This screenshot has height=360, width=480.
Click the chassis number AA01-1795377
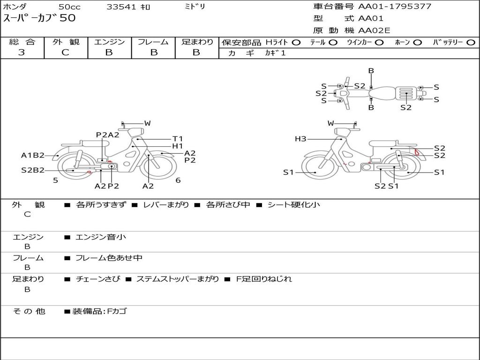(x=395, y=7)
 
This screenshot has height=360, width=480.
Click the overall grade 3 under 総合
(x=22, y=52)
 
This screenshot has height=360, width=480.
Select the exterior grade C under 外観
(x=65, y=52)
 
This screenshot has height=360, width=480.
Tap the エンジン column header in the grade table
(x=109, y=42)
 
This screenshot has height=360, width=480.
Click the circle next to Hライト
(x=296, y=43)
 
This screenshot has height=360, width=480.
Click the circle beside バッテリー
(x=471, y=43)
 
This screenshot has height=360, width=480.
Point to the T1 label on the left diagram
(x=178, y=139)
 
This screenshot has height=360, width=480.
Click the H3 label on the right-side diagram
(x=300, y=139)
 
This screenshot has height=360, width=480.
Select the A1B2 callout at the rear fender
(x=33, y=155)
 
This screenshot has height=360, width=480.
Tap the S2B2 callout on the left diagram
(x=33, y=170)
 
